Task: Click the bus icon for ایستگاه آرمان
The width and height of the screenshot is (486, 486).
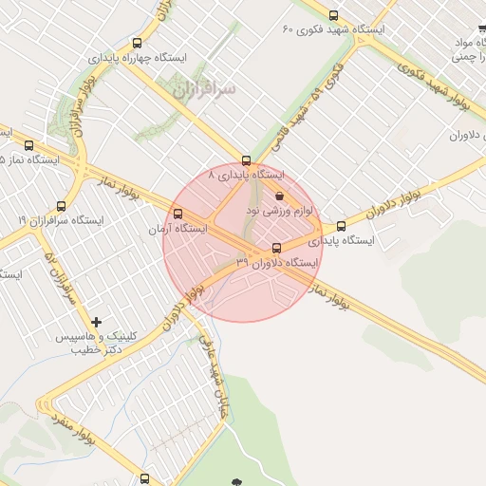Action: [x=178, y=212]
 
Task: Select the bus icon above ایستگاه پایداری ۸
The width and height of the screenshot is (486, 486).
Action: [x=247, y=159]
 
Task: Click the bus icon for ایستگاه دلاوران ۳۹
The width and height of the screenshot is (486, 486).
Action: [x=277, y=247]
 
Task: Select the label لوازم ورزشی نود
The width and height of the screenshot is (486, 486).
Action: [x=279, y=209]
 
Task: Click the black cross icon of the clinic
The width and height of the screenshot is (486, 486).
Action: [x=97, y=323]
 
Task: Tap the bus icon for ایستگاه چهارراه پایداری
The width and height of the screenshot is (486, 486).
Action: [x=138, y=43]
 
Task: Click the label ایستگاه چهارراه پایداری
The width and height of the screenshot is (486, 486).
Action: [x=139, y=59]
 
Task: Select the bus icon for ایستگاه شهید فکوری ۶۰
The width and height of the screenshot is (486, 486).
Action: [x=332, y=15]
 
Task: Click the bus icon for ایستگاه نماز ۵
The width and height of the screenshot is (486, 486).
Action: [x=28, y=145]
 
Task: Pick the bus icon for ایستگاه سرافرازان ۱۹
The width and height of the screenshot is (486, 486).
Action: [x=62, y=205]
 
